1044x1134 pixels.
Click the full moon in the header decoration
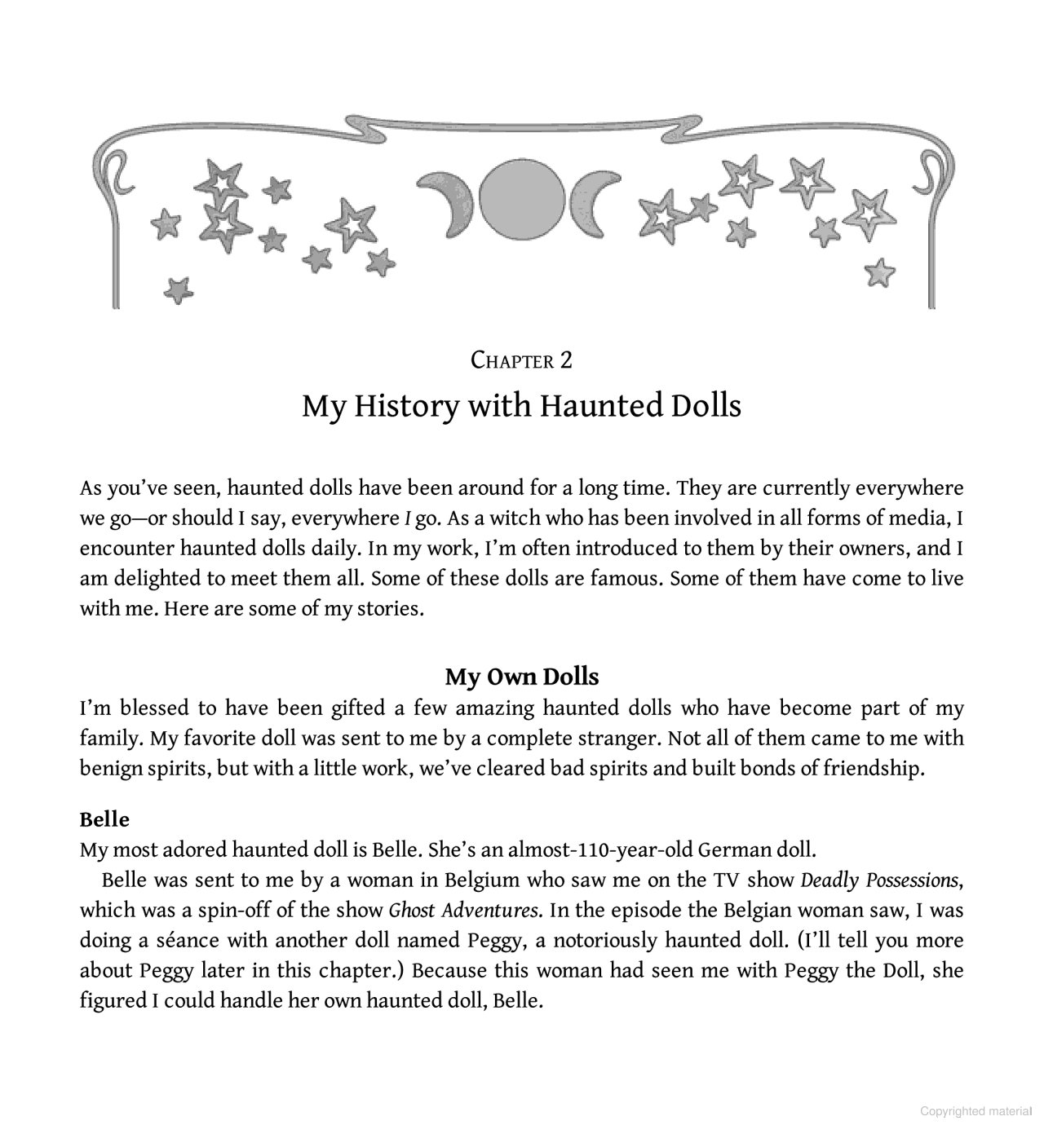522,200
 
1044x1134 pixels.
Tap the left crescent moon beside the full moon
449,201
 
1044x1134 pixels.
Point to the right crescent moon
593,201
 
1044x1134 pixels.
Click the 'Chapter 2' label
522,360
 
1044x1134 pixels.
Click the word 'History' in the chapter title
406,405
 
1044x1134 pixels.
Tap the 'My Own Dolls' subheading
522,677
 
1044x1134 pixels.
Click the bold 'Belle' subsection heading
104,819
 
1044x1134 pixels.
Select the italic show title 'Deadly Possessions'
878,880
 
